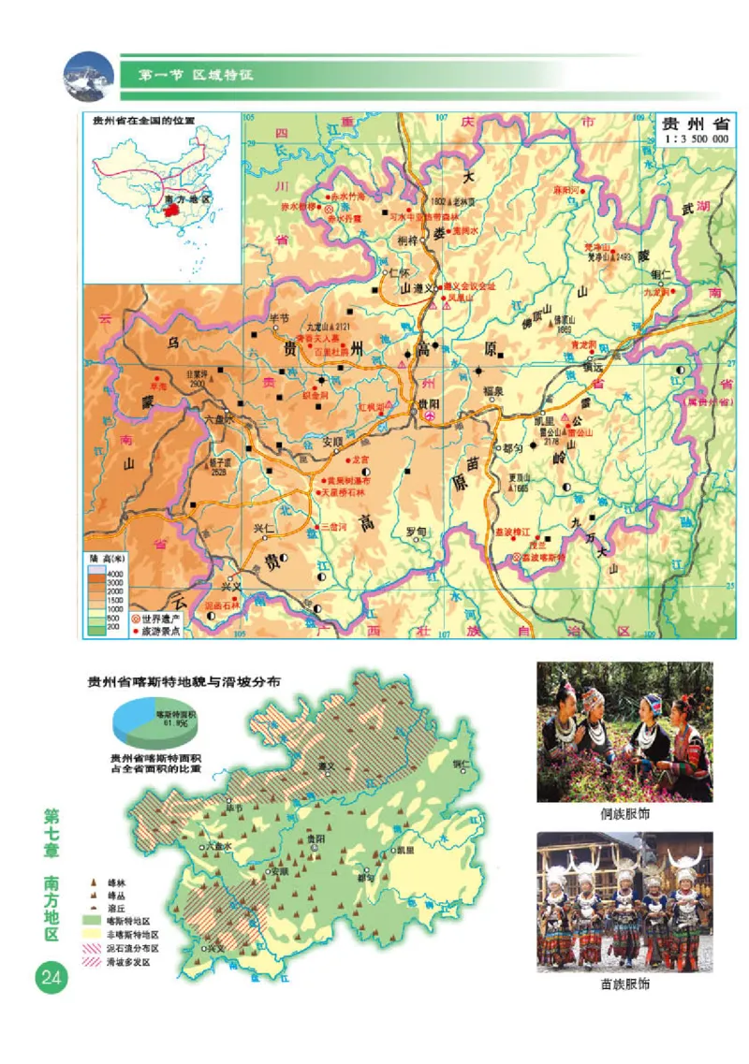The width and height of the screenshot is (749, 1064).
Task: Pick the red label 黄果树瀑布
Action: pyautogui.click(x=347, y=480)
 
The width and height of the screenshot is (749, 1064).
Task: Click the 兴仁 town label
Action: pyautogui.click(x=267, y=529)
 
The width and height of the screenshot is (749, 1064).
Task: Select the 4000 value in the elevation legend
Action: pyautogui.click(x=115, y=573)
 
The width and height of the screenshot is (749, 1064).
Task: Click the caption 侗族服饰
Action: pyautogui.click(x=624, y=813)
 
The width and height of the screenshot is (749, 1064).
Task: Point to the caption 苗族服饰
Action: pyautogui.click(x=624, y=984)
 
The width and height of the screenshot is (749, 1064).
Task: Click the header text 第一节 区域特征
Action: pyautogui.click(x=196, y=73)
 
